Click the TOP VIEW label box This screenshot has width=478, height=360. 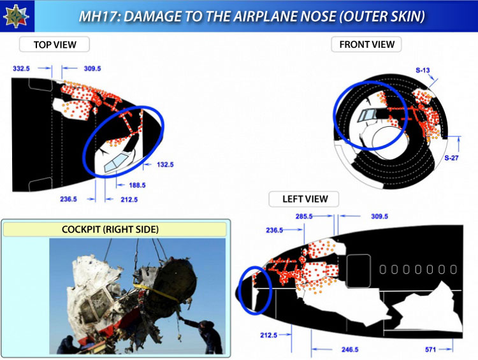(x=54, y=45)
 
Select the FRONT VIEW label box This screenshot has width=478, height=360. (x=366, y=45)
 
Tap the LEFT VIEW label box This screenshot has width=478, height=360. (x=304, y=199)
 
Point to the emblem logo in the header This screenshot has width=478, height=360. (x=16, y=16)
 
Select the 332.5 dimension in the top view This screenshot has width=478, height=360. (x=21, y=69)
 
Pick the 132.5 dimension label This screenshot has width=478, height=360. (x=165, y=164)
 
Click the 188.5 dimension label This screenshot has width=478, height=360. (x=137, y=185)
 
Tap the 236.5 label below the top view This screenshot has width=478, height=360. (x=68, y=199)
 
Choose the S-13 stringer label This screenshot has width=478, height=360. (x=423, y=71)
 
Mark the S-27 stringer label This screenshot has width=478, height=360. (x=451, y=158)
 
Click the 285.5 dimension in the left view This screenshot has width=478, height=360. (x=304, y=217)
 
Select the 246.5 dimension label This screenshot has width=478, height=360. (x=350, y=349)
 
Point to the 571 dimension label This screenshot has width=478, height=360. (x=430, y=349)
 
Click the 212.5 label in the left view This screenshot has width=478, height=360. (x=268, y=335)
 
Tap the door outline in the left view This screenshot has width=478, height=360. (x=358, y=271)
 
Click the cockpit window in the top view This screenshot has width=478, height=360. (x=116, y=162)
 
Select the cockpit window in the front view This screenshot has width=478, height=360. (x=367, y=115)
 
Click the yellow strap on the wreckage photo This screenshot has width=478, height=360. (x=157, y=292)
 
